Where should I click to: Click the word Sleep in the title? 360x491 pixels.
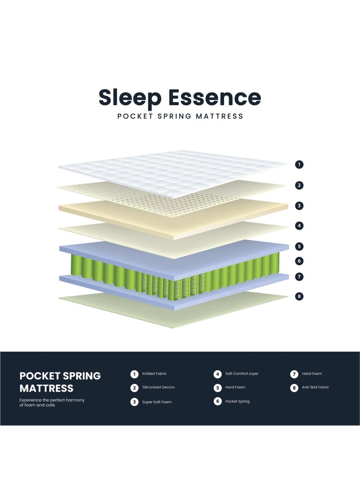click(x=129, y=98)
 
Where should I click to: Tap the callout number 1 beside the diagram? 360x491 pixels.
click(x=299, y=165)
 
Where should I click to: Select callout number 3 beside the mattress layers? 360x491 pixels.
click(x=299, y=206)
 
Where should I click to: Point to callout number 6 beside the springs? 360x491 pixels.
click(x=299, y=261)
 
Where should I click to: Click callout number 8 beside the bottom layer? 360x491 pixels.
click(x=299, y=296)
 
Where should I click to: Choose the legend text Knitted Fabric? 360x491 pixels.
click(x=154, y=374)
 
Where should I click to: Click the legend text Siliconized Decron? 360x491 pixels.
click(x=158, y=387)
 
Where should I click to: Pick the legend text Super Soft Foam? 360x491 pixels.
click(x=157, y=402)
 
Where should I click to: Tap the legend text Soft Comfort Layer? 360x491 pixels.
click(x=242, y=374)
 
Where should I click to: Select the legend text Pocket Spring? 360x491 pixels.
click(x=237, y=401)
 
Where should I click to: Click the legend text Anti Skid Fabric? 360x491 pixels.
click(x=315, y=387)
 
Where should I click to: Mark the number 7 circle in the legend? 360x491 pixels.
click(x=294, y=374)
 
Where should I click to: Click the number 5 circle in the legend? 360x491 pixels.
click(x=218, y=387)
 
